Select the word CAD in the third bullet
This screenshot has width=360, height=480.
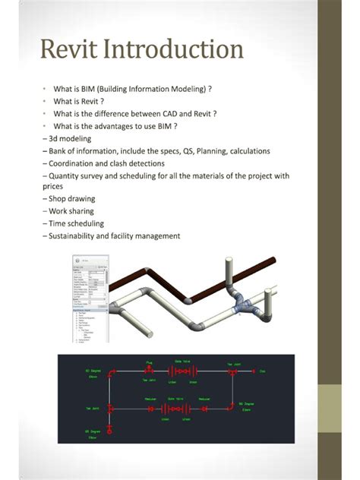(x=166, y=114)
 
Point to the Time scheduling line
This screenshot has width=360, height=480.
(x=73, y=223)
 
